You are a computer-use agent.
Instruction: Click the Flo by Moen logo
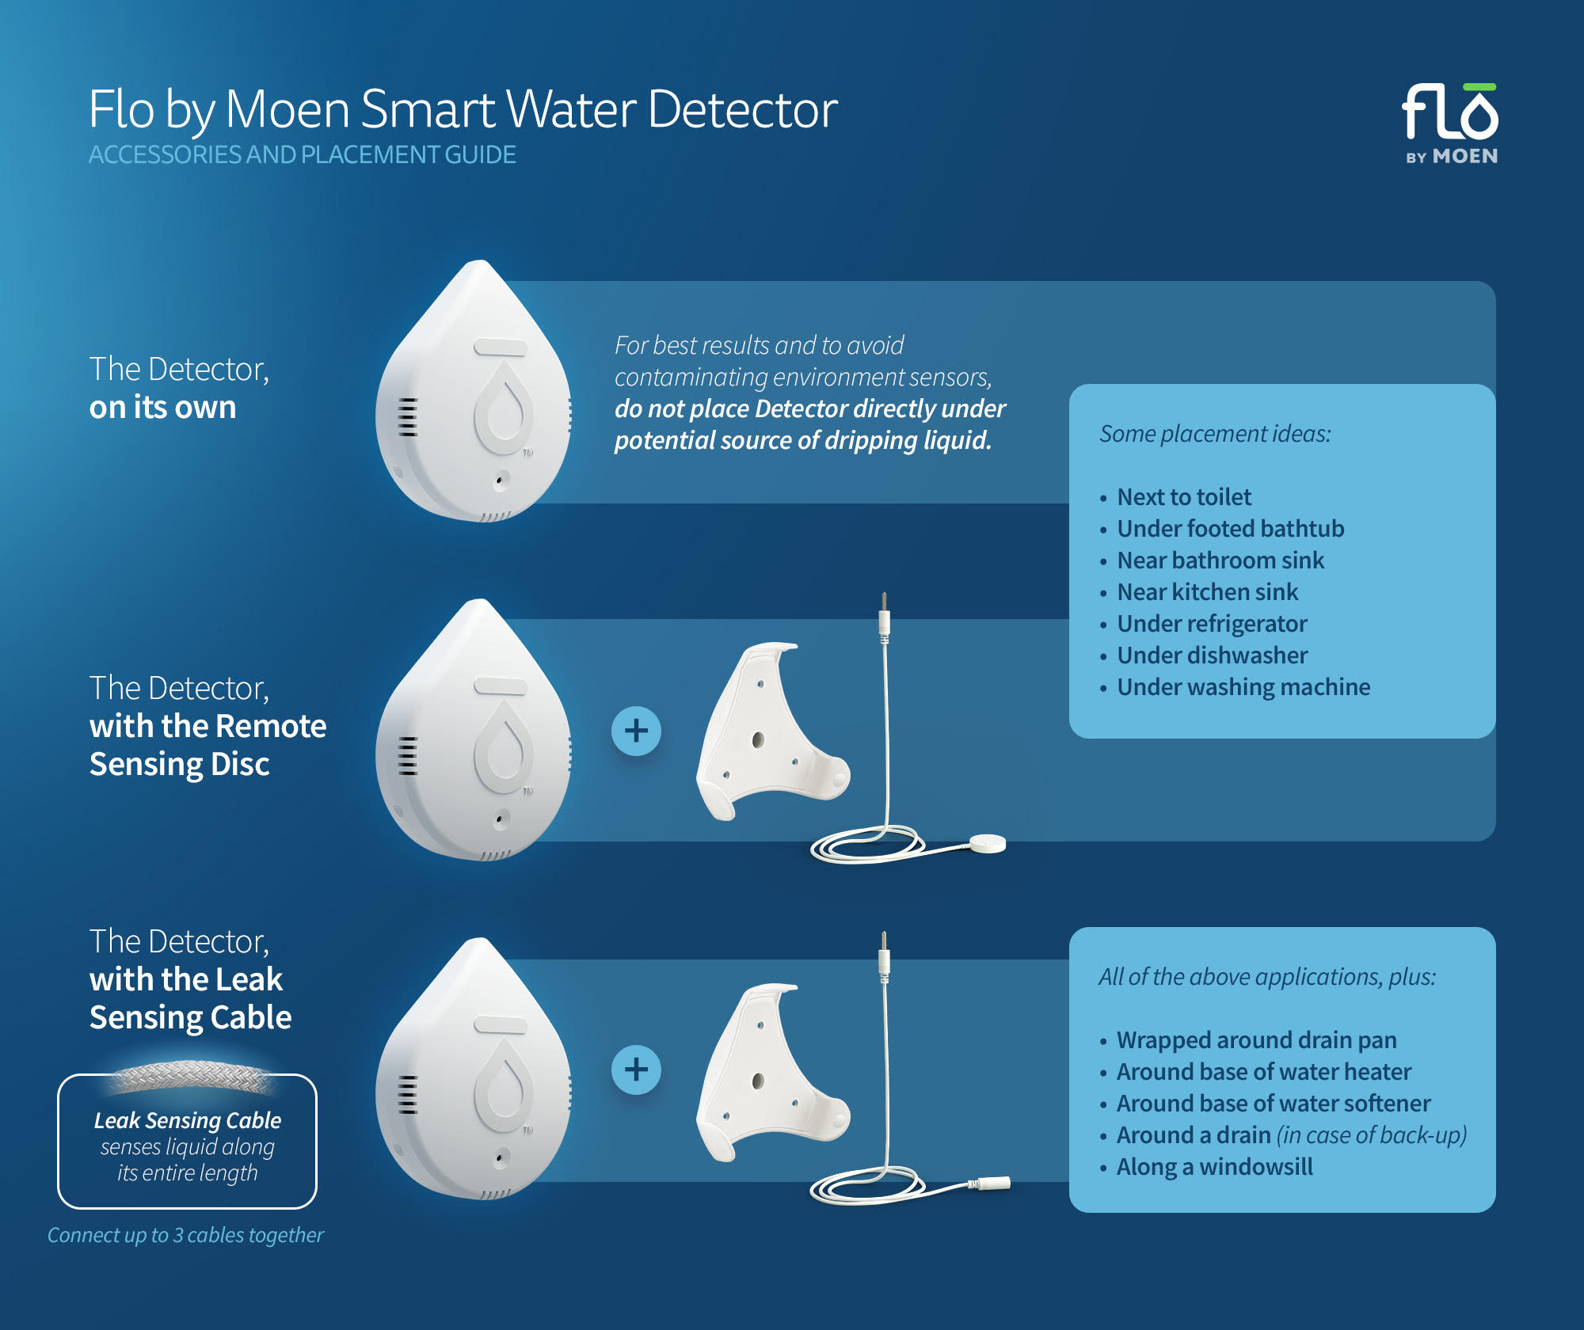point(1450,123)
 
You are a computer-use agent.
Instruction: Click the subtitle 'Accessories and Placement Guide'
point(302,154)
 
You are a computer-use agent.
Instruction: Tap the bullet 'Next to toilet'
point(1183,497)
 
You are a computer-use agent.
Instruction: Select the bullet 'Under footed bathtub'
point(1230,529)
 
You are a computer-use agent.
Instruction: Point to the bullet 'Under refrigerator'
point(1212,624)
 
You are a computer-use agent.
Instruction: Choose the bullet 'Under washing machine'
point(1243,687)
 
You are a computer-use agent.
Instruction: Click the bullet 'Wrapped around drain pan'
point(1256,1040)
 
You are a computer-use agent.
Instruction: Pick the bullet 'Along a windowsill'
point(1214,1167)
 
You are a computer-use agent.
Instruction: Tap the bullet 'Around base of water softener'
point(1273,1104)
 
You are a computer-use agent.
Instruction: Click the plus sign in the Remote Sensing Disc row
point(636,731)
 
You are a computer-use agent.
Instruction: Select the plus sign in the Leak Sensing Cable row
point(636,1070)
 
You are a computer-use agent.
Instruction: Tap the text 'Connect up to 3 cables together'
point(185,1235)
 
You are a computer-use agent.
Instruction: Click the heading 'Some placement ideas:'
point(1215,434)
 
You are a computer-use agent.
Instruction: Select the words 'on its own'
point(162,408)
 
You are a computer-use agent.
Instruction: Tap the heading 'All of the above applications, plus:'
point(1266,977)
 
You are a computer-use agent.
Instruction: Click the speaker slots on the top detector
point(407,417)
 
